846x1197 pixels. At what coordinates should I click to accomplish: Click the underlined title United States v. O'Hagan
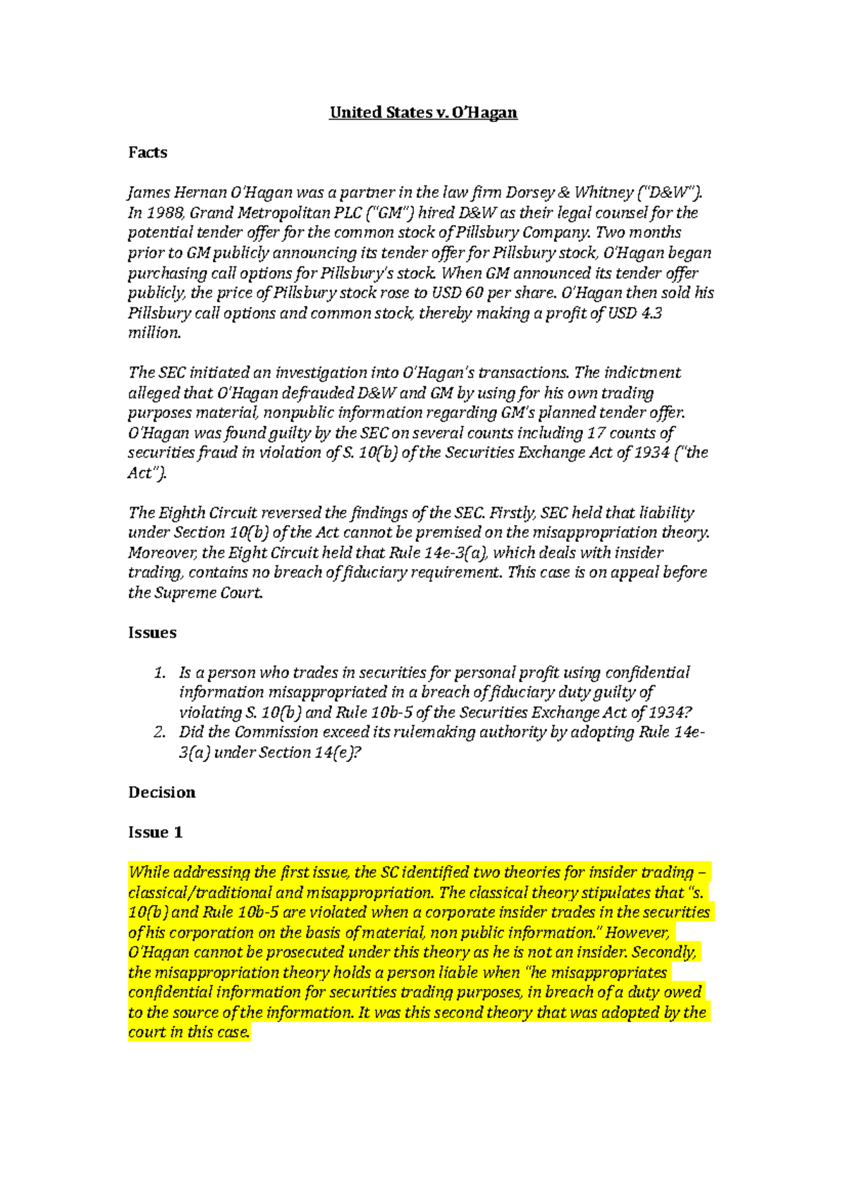click(423, 113)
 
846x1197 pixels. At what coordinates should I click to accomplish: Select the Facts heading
click(147, 153)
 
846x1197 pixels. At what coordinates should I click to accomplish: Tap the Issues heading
click(152, 633)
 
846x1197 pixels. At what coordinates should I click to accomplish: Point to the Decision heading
click(161, 792)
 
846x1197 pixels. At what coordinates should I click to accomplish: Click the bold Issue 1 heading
click(155, 833)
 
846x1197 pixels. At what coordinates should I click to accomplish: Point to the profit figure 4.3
click(652, 313)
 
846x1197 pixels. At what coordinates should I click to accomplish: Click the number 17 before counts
click(596, 433)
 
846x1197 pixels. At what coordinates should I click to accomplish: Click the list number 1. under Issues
click(160, 673)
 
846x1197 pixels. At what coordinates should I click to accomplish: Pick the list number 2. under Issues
click(160, 732)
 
